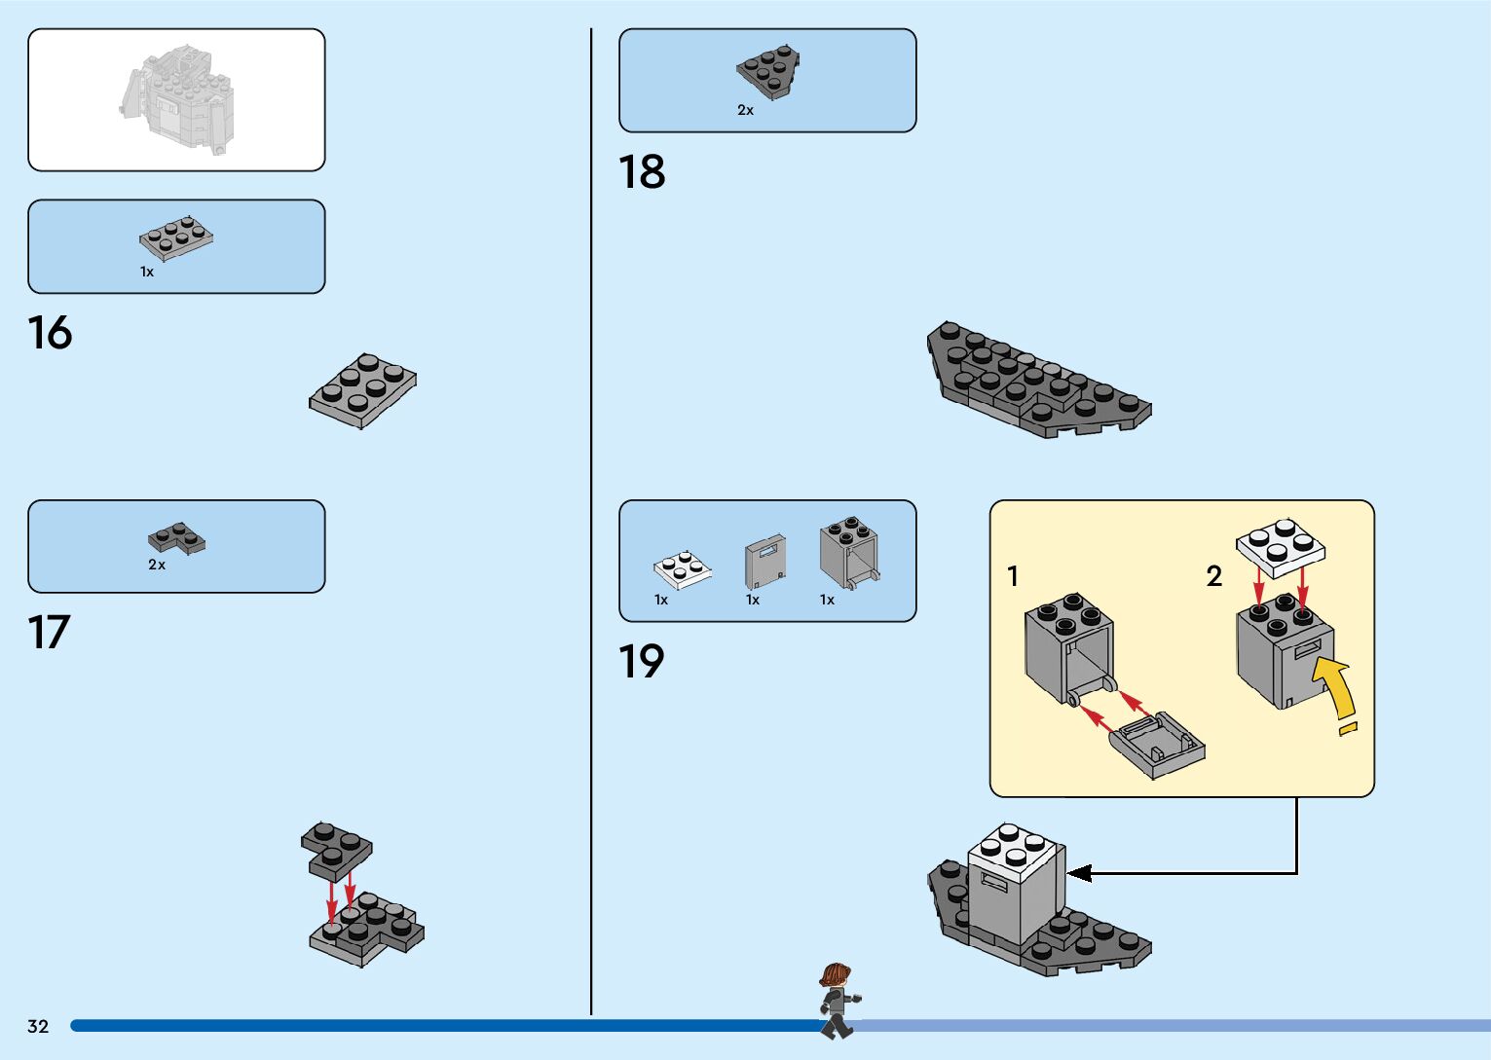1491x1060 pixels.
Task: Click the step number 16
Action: pyautogui.click(x=50, y=333)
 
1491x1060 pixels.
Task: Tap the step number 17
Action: pyautogui.click(x=49, y=633)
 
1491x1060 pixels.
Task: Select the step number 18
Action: pyautogui.click(x=642, y=172)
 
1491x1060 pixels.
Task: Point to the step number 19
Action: pyautogui.click(x=642, y=662)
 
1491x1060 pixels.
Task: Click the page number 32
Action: pyautogui.click(x=38, y=1026)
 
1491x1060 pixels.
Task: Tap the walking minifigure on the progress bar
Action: pyautogui.click(x=838, y=1000)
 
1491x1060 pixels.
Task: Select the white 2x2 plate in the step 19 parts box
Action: pyautogui.click(x=682, y=568)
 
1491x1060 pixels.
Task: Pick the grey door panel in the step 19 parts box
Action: pyautogui.click(x=765, y=562)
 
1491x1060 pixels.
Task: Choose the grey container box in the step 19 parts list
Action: pyautogui.click(x=849, y=553)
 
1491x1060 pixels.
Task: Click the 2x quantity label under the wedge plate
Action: pyautogui.click(x=745, y=111)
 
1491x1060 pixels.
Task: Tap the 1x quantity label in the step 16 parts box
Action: pyautogui.click(x=147, y=273)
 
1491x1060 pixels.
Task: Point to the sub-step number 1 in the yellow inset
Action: pyautogui.click(x=1013, y=577)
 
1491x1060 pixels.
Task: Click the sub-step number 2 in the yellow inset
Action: pyautogui.click(x=1213, y=577)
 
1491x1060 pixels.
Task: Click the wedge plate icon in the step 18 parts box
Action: pyautogui.click(x=768, y=72)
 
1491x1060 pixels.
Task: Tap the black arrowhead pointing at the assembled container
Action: pyautogui.click(x=1080, y=873)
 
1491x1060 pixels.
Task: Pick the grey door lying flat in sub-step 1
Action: pyautogui.click(x=1157, y=745)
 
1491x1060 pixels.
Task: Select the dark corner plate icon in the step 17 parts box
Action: pyautogui.click(x=176, y=537)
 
